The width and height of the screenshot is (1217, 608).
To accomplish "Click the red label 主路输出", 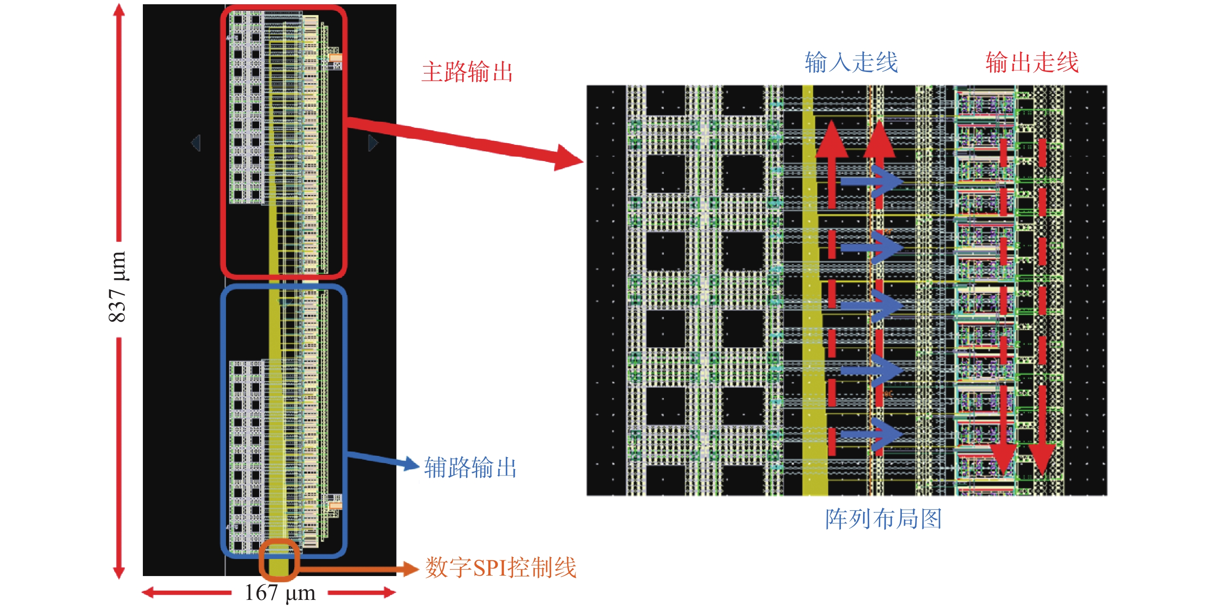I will (467, 72).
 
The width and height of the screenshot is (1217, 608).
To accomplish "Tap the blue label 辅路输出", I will (470, 467).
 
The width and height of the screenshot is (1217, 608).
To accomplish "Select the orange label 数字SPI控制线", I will (500, 568).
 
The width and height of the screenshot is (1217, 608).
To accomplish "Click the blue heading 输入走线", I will (851, 62).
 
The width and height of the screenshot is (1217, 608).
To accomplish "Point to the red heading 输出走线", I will (1032, 62).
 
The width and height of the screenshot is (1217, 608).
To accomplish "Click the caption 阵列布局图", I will (883, 519).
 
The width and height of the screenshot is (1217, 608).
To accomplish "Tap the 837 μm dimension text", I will (117, 287).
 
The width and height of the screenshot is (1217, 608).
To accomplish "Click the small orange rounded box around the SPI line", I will (279, 559).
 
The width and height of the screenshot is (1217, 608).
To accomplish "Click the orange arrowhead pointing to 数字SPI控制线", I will (410, 568).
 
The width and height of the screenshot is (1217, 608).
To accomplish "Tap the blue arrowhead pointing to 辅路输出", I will (411, 464).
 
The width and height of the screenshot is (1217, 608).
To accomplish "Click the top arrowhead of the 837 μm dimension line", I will (119, 12).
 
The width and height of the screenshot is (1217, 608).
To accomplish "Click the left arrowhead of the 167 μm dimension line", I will (149, 592).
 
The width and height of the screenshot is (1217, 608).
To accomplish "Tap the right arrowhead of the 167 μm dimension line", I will (389, 592).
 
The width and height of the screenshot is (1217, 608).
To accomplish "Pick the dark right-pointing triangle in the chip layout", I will (373, 143).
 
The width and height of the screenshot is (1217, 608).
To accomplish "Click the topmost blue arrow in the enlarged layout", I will (872, 181).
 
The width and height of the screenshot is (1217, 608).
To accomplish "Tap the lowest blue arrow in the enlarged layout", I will (872, 433).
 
